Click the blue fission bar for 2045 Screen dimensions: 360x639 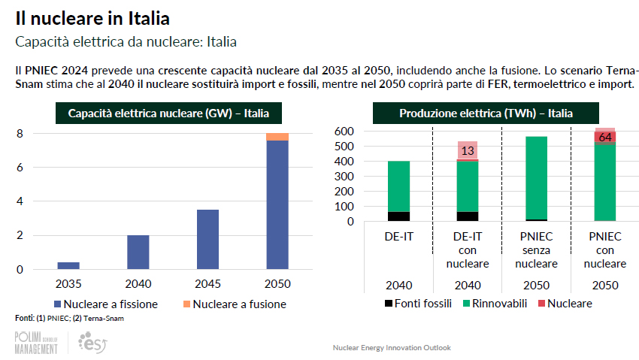[x=207, y=239]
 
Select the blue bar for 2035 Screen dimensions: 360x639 [x=68, y=265]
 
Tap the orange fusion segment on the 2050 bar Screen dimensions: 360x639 [x=277, y=137]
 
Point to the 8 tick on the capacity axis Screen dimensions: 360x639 [x=20, y=134]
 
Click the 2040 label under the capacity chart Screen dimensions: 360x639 [x=138, y=284]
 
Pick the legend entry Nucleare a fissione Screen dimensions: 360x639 [x=106, y=304]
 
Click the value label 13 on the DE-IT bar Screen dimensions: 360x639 [x=467, y=150]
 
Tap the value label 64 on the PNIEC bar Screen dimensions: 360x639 [x=604, y=137]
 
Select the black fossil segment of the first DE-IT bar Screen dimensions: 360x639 [x=398, y=216]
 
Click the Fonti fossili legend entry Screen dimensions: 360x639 [x=411, y=304]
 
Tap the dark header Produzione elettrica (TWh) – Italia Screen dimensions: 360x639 [x=486, y=113]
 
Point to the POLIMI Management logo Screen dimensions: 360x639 [x=35, y=343]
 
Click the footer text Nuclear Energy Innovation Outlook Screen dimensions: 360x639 [x=392, y=348]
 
